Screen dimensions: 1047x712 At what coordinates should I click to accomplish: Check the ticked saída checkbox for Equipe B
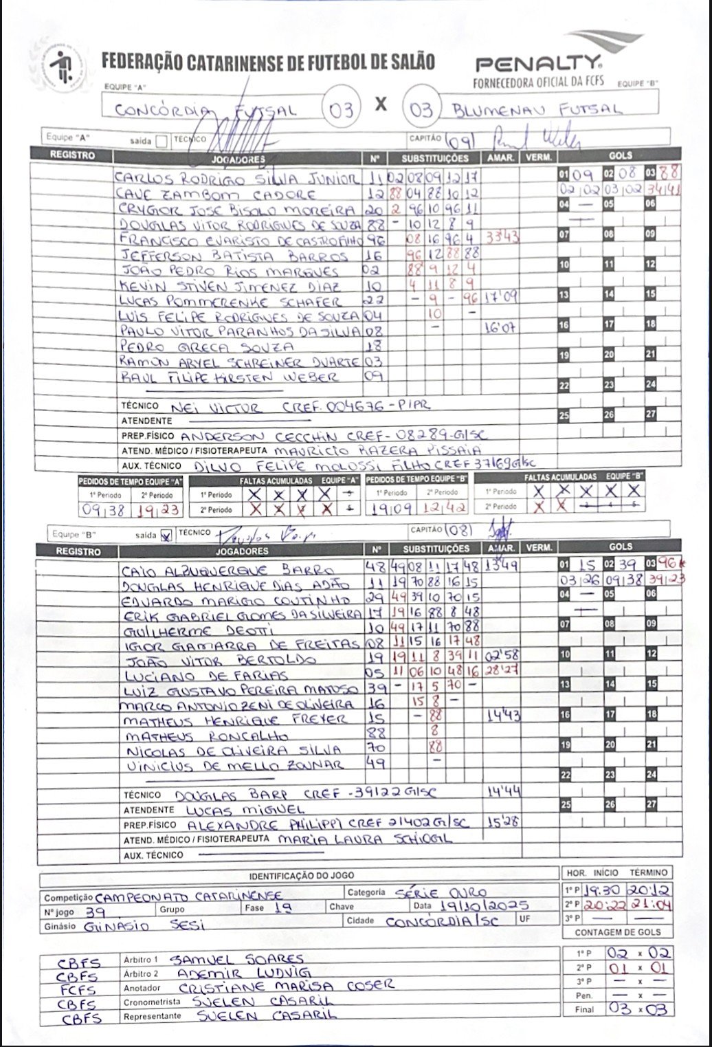click(x=166, y=536)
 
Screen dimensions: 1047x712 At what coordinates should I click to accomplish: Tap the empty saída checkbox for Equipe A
click(x=162, y=142)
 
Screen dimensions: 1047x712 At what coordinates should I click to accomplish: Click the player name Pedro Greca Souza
click(x=206, y=346)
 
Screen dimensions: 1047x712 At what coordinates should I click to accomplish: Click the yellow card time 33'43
click(x=502, y=238)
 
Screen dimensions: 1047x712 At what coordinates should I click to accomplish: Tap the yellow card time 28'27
click(x=502, y=670)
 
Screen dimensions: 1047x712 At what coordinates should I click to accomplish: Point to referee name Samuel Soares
click(x=236, y=959)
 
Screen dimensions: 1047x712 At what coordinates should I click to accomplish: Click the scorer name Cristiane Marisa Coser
click(x=278, y=987)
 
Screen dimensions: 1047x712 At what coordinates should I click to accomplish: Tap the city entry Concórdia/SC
click(x=441, y=921)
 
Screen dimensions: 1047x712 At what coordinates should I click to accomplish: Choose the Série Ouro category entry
click(x=441, y=893)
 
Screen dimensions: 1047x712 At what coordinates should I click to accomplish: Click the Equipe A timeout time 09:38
click(x=102, y=510)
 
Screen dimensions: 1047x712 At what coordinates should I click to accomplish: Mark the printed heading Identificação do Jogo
click(x=302, y=875)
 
